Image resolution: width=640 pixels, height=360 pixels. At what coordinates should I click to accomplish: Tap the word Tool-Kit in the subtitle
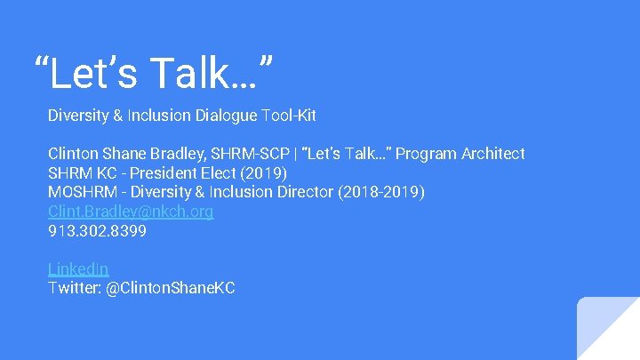coord(289,116)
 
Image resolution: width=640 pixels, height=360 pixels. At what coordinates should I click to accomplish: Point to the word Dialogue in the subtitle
coord(225,116)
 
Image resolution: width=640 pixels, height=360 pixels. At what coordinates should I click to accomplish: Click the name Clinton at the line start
coord(74,154)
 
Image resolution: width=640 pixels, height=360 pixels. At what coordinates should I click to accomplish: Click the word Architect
coord(493,154)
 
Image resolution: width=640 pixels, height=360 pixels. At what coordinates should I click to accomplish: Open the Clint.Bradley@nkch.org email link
coord(131,212)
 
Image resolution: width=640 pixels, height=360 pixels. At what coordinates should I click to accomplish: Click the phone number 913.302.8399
coord(98,231)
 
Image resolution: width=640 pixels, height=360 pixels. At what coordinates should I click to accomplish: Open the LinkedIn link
coord(78,268)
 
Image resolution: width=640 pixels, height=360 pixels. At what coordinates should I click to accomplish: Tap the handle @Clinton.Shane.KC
coord(171,288)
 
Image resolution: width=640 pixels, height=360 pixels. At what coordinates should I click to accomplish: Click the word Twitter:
coord(75,288)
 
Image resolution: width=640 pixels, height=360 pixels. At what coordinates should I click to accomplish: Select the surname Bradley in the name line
coord(180,154)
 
